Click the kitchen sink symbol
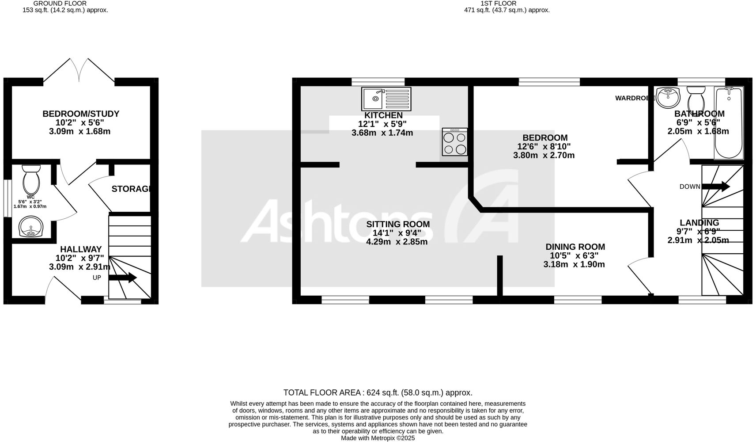click(386, 99)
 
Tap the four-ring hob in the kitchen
click(455, 142)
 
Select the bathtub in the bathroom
click(729, 123)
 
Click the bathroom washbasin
click(668, 97)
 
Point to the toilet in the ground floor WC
click(31, 179)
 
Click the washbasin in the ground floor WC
click(31, 227)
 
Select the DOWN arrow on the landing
click(715, 187)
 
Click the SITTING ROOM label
click(398, 225)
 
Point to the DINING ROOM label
click(575, 247)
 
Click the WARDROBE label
click(635, 98)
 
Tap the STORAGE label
click(132, 189)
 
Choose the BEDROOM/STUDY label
click(81, 114)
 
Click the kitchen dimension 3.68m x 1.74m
click(382, 133)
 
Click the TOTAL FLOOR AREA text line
click(378, 392)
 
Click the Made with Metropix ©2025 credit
click(378, 438)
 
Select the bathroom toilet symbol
click(696, 96)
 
